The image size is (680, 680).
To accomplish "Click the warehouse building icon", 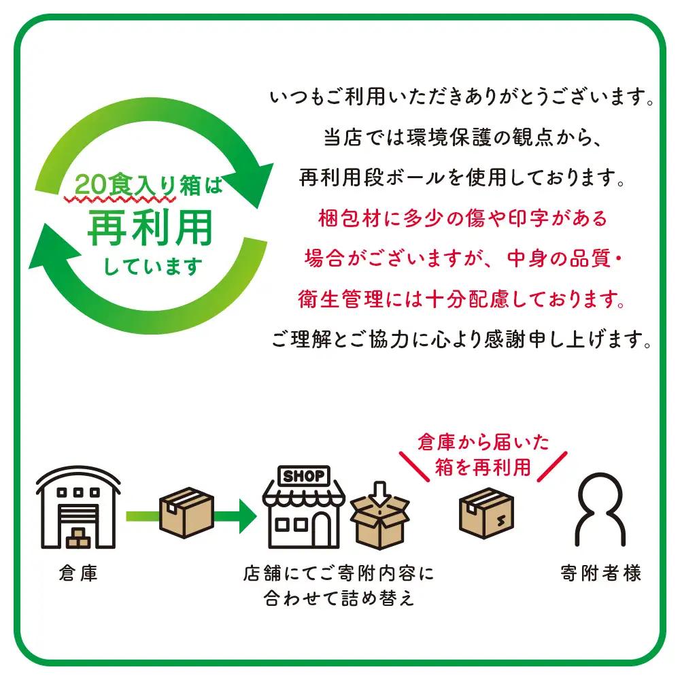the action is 78,507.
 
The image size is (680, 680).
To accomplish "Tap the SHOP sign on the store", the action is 304,476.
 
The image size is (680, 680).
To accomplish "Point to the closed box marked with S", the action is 486,513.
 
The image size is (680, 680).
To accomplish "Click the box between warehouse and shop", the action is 186,512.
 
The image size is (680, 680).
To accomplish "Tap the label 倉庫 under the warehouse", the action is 78,573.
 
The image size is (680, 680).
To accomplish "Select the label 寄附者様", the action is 600,573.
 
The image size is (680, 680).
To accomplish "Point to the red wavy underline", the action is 120,199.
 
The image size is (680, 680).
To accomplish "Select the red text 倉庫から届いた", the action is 483,443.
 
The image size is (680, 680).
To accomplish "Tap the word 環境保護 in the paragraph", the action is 448,137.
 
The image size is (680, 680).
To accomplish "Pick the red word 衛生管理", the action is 341,299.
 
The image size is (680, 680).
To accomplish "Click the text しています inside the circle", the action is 152,267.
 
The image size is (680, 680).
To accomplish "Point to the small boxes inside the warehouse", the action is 78,538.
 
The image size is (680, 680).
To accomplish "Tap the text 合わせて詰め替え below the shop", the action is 339,598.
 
